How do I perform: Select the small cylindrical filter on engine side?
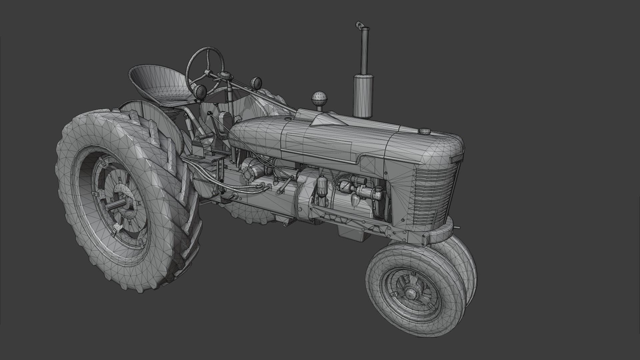321,187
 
